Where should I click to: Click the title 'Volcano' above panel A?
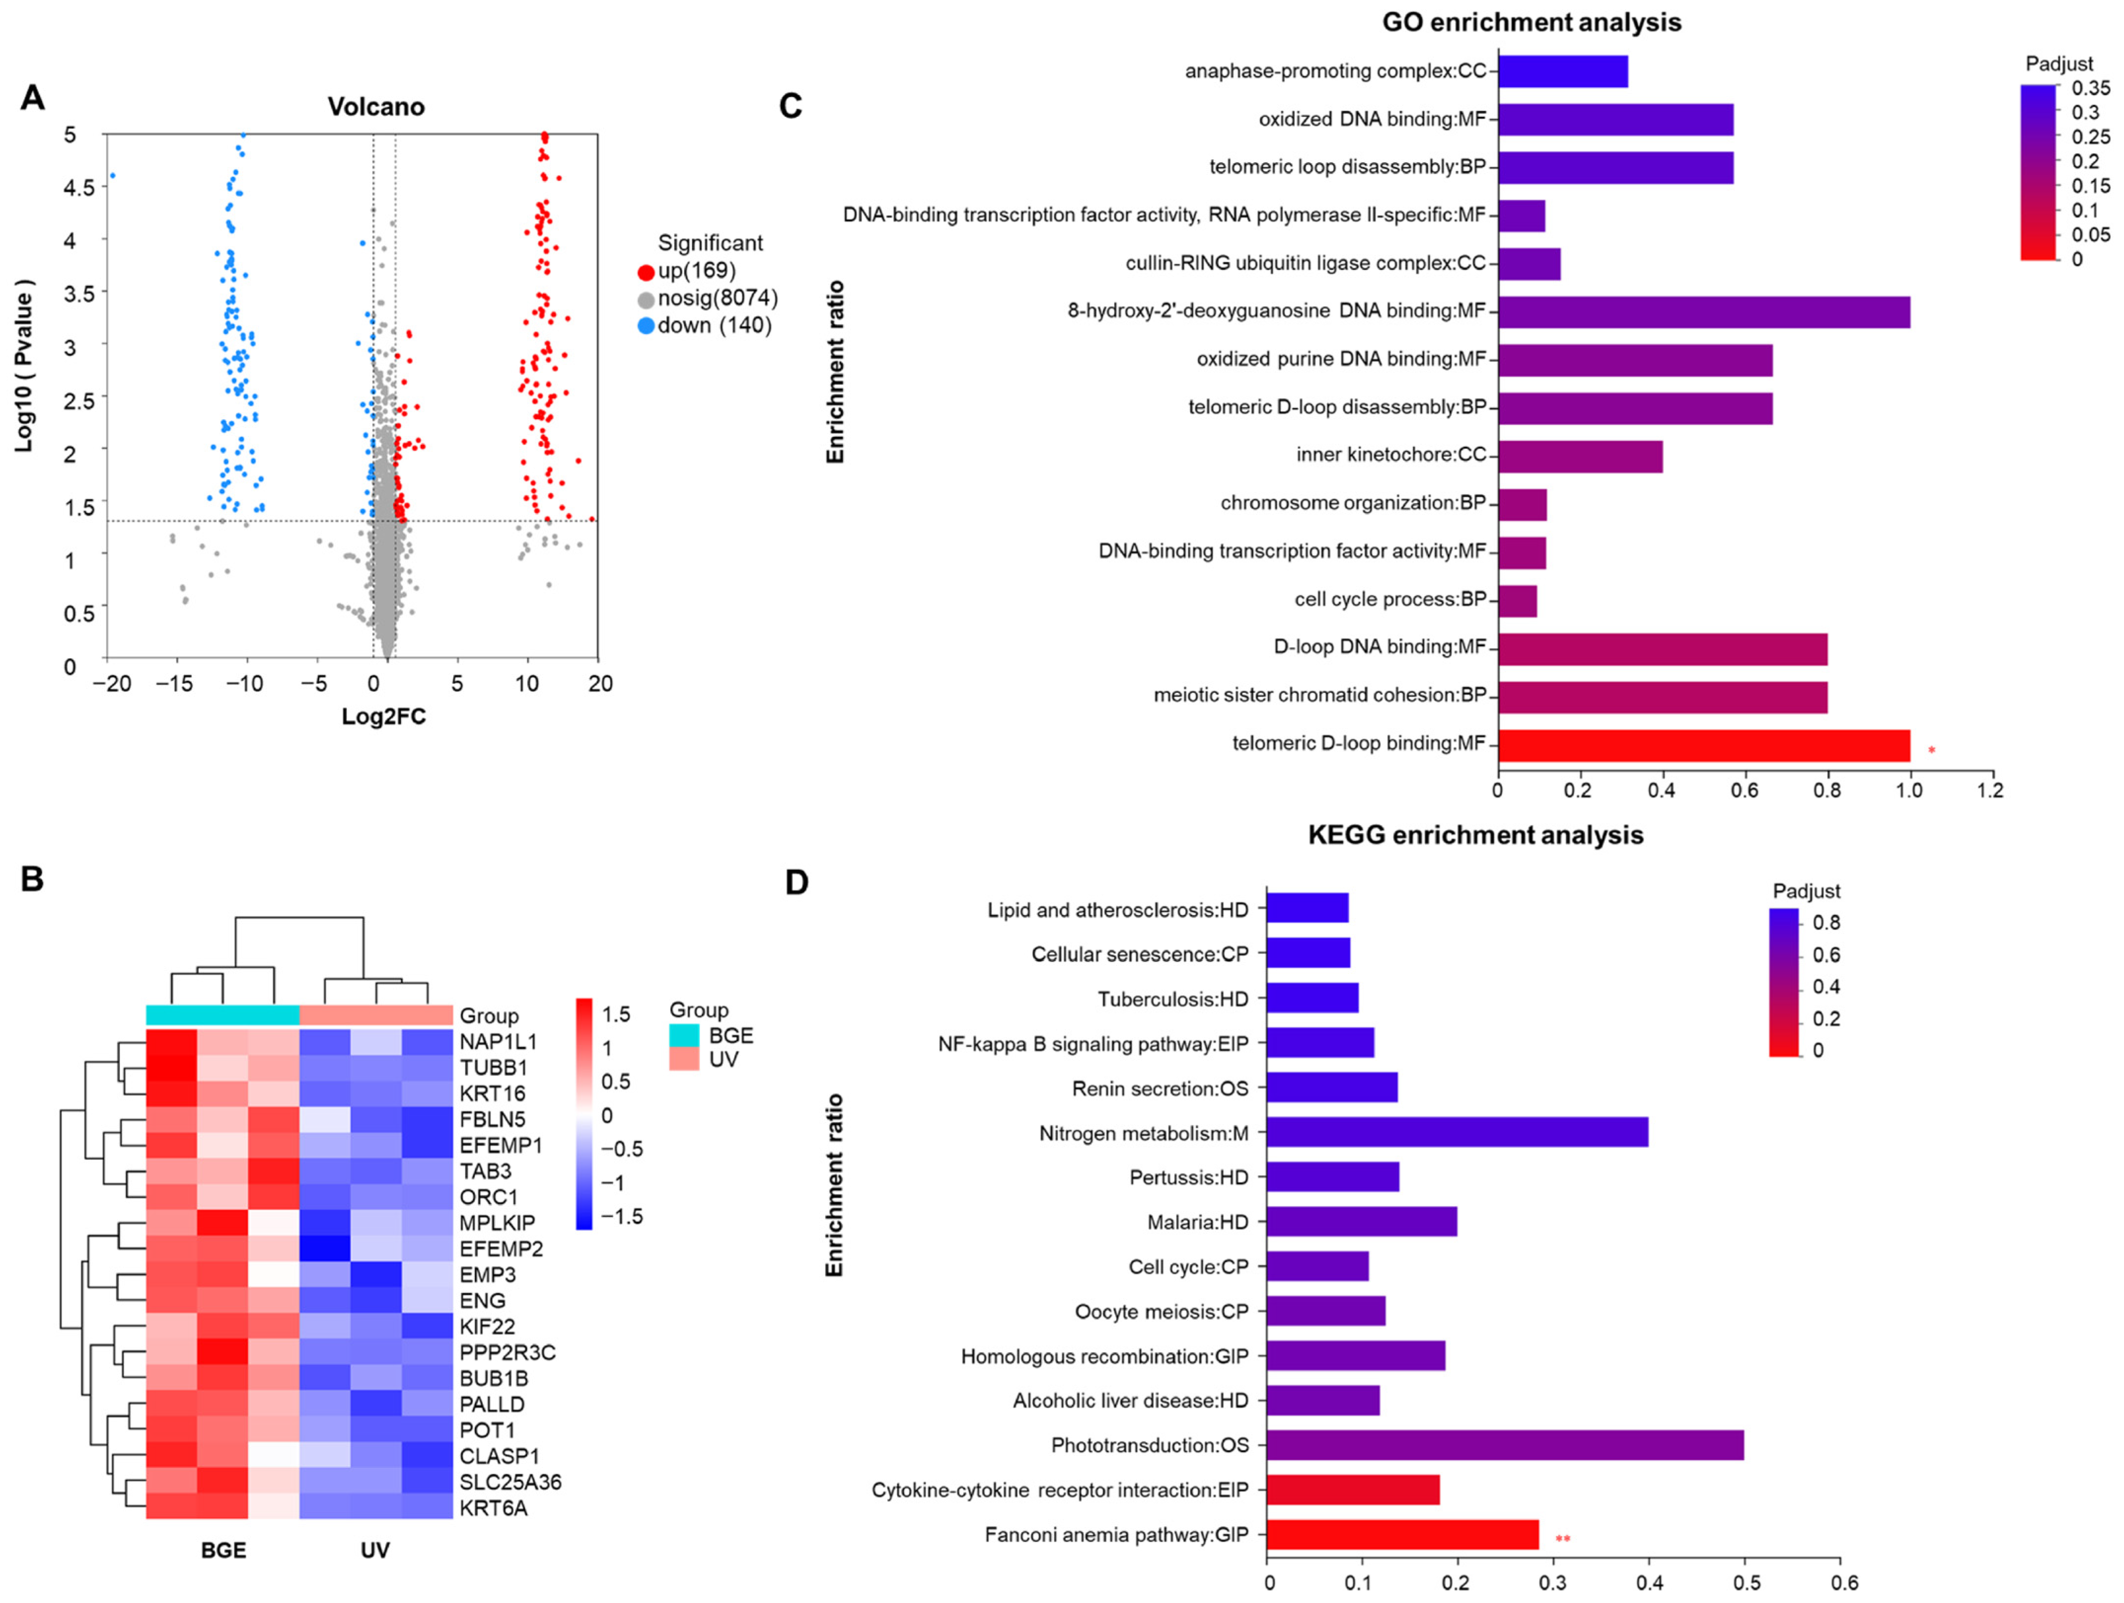point(375,107)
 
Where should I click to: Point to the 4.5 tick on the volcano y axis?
point(80,187)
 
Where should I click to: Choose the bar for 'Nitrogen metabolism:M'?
point(1457,1133)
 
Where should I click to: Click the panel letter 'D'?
point(796,882)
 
